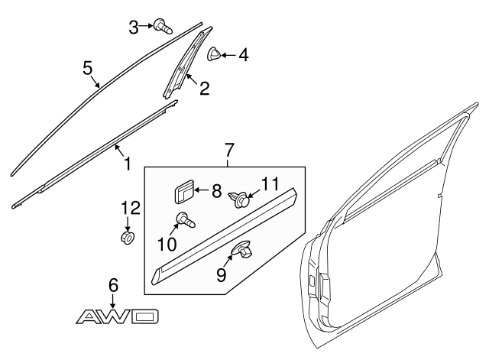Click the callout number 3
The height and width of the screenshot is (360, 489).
click(134, 28)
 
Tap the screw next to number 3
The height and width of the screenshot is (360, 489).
click(161, 27)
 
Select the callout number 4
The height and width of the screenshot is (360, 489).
click(243, 55)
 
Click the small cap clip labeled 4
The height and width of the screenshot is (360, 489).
click(215, 54)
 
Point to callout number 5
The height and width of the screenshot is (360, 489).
click(89, 70)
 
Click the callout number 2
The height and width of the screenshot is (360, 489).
click(204, 89)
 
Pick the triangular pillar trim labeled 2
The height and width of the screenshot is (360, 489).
click(183, 65)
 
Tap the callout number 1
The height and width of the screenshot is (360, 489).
click(126, 162)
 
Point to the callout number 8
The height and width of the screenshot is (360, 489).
click(216, 190)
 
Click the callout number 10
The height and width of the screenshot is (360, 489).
click(167, 244)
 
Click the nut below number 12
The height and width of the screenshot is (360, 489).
click(128, 238)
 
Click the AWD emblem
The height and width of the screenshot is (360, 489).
click(119, 316)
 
